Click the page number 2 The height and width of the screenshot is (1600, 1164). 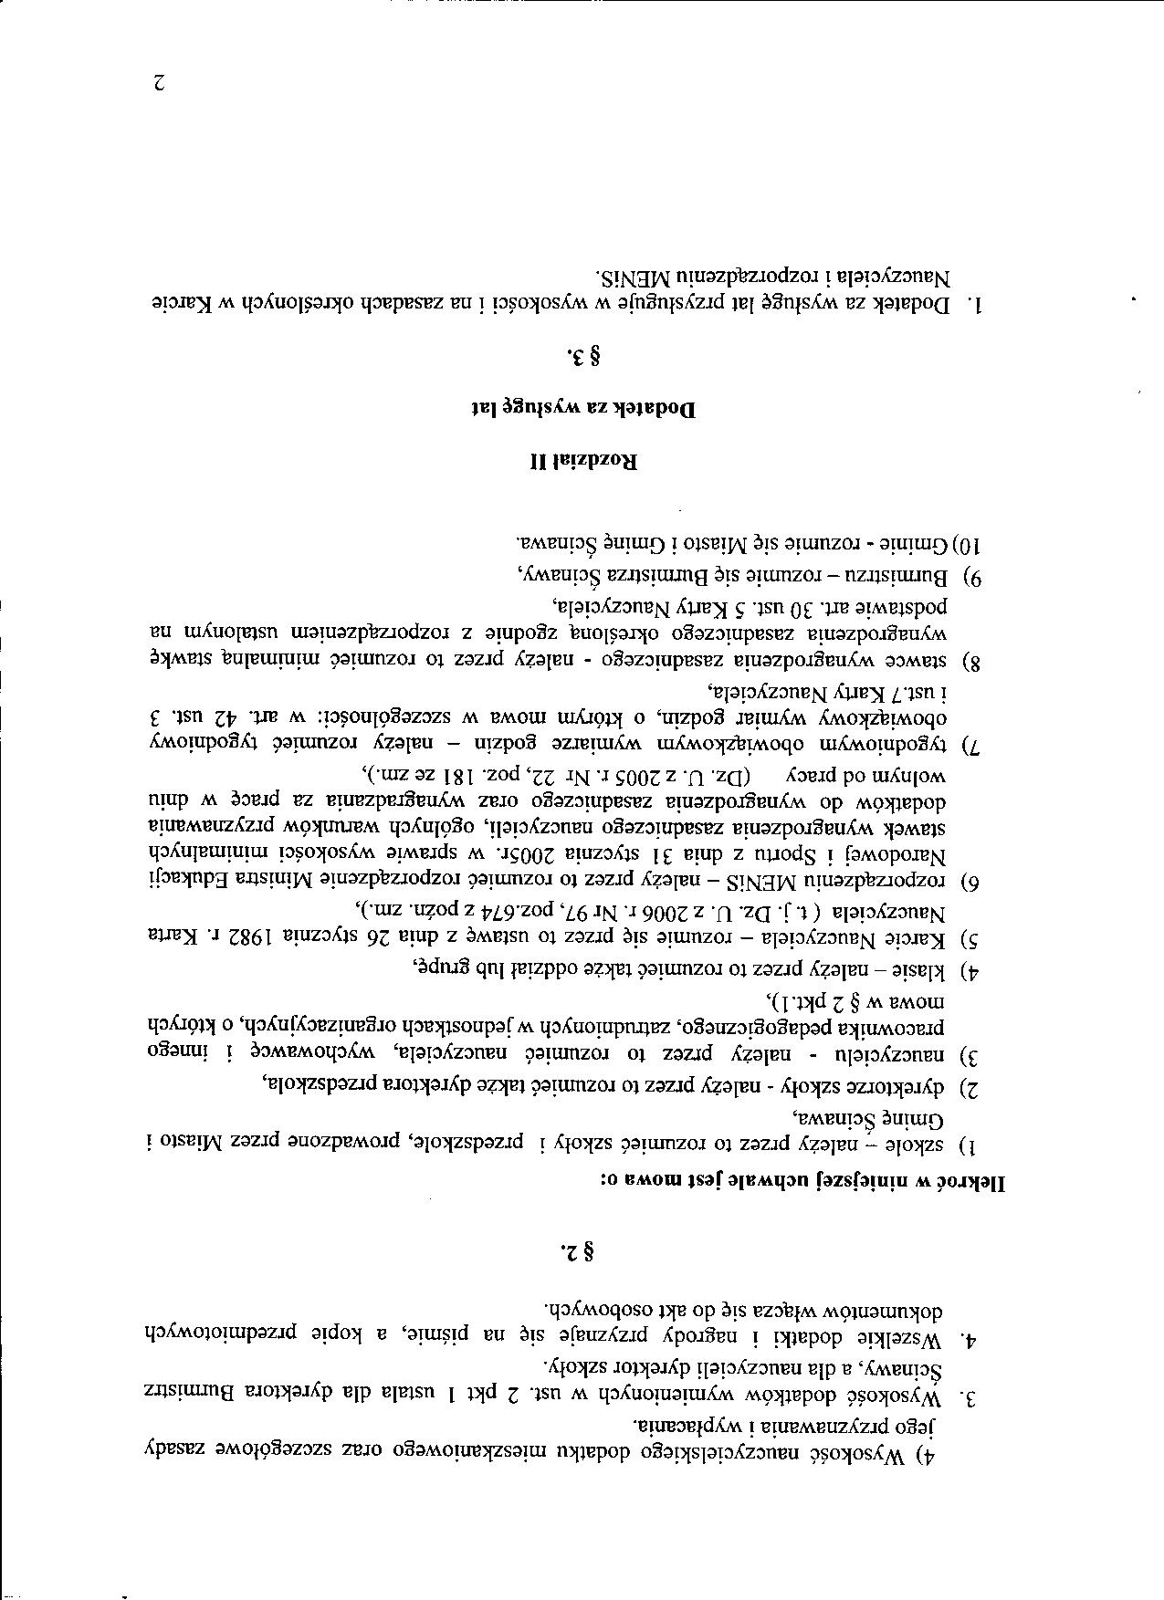pos(158,84)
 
